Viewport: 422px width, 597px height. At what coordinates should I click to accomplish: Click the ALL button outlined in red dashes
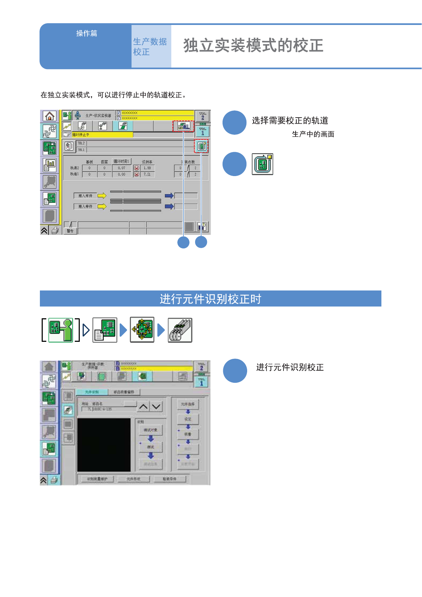(x=184, y=126)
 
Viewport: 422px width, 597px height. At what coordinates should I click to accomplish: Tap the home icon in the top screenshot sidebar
(x=50, y=116)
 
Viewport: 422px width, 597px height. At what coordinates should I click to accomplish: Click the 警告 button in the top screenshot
(x=70, y=231)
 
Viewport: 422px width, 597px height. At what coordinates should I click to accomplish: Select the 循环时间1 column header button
(x=121, y=161)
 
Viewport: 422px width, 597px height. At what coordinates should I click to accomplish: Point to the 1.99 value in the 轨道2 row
(x=147, y=168)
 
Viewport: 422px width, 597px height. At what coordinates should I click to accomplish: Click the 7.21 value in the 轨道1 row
(x=147, y=174)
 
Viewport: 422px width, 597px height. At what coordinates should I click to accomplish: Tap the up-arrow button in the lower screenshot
(x=144, y=406)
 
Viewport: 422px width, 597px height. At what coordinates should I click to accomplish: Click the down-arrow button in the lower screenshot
(x=156, y=406)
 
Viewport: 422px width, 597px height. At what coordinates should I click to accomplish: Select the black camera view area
(x=104, y=445)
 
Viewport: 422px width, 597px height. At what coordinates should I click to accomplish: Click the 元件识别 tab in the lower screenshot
(x=92, y=392)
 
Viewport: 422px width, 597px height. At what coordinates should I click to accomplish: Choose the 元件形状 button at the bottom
(x=134, y=479)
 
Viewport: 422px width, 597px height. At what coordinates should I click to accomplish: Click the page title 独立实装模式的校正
(x=253, y=46)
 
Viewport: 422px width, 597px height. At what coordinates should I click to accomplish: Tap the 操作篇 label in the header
(x=87, y=34)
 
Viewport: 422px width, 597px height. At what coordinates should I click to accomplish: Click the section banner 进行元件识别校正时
(x=210, y=299)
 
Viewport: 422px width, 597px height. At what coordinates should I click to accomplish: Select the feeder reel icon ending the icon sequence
(x=180, y=330)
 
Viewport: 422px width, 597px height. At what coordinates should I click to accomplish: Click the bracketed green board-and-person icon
(x=61, y=330)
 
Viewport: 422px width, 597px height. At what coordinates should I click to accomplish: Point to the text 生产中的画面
(x=313, y=134)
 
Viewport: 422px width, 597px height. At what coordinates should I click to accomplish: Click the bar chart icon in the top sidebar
(x=50, y=165)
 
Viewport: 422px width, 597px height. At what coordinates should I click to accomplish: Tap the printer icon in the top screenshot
(x=55, y=231)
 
